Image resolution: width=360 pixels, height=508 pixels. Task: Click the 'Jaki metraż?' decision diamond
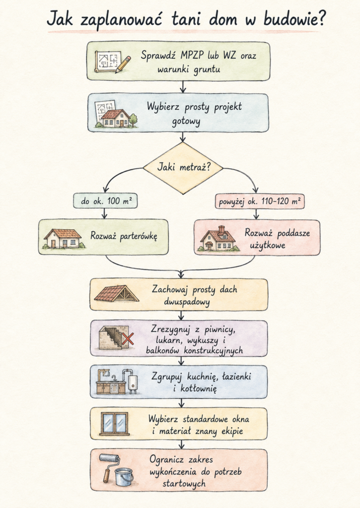183,168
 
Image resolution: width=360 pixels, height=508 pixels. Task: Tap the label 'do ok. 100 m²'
105,201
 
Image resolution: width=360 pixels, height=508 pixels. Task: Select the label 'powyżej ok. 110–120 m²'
260,201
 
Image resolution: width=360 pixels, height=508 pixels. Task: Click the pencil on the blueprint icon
123,64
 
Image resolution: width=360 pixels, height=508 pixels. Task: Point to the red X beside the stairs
128,339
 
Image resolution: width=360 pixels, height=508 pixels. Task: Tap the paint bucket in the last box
124,477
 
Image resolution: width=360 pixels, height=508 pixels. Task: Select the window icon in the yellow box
114,424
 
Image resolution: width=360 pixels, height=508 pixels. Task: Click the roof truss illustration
117,294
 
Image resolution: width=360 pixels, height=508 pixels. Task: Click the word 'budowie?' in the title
294,19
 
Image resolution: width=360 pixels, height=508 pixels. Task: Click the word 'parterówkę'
139,236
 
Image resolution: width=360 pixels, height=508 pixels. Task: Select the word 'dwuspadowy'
187,302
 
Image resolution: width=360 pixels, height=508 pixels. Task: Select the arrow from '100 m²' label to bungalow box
104,213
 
